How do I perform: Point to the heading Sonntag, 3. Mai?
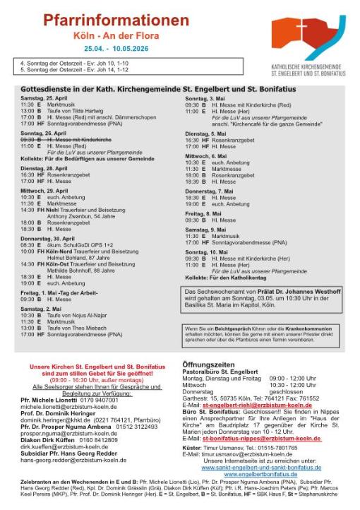205,97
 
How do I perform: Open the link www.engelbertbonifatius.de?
260,473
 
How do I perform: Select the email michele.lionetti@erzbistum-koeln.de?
68,407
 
